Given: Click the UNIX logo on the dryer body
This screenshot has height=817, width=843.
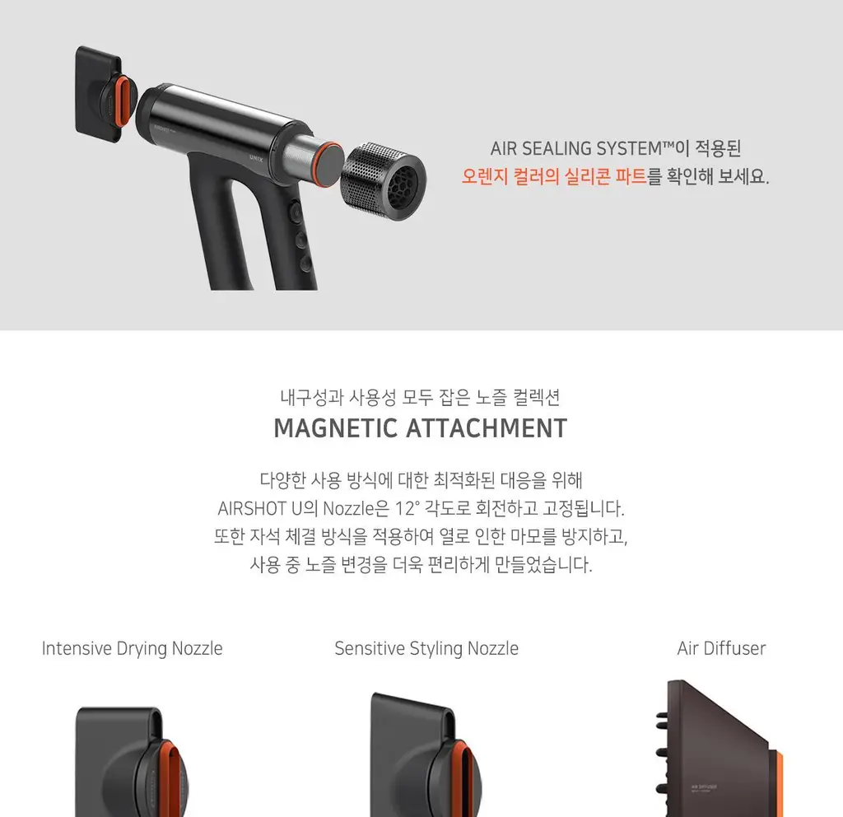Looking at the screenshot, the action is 256,157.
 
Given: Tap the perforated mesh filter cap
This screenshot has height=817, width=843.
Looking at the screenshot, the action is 384,181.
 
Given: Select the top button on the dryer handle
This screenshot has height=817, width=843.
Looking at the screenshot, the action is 296,212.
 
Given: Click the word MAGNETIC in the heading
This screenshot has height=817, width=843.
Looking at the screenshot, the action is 336,428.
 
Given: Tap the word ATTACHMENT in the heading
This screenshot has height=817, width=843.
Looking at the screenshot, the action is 486,428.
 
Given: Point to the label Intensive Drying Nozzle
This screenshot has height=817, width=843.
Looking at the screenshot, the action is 132,648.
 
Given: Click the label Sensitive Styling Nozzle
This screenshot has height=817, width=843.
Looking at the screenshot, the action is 426,648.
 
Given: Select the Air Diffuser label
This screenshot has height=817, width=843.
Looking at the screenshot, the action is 721,648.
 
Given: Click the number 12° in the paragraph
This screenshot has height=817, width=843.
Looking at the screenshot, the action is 407,507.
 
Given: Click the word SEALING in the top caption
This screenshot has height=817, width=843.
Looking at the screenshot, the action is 556,148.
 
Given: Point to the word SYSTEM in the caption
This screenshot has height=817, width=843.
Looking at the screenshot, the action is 629,148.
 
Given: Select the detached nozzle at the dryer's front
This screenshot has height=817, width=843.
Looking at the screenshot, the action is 102,94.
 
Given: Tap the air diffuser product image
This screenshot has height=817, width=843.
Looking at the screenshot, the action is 719,748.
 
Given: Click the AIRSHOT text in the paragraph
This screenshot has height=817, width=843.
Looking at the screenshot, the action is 252,508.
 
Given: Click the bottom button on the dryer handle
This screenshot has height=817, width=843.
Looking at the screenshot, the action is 306,263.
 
